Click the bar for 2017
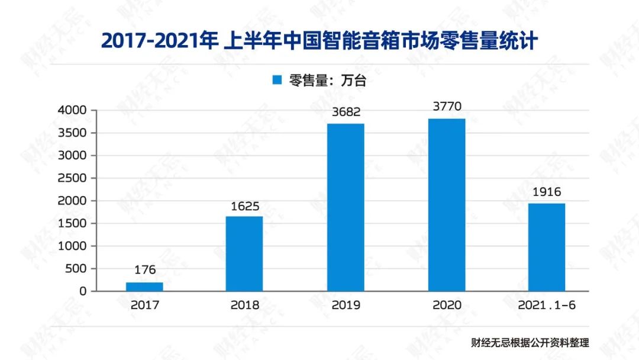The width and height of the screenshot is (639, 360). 144,287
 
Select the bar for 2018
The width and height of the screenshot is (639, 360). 244,253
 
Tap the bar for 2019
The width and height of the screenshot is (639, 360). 346,207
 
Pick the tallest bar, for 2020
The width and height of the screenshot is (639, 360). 447,205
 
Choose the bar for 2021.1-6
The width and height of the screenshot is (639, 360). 547,247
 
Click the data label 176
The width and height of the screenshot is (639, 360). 145,270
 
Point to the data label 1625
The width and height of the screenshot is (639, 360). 245,207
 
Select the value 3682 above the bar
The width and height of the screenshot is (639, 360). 346,112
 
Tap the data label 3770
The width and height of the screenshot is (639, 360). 447,107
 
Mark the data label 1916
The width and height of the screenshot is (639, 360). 547,192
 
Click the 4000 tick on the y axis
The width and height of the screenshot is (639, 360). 72,110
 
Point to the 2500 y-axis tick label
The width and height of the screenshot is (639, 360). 72,178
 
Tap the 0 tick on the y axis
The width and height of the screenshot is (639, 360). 83,291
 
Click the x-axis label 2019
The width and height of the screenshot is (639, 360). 346,306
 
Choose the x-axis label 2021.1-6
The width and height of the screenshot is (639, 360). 547,306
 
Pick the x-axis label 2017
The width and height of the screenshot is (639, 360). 145,306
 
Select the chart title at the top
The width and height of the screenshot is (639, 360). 319,40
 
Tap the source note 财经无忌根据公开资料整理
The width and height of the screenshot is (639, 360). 530,342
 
